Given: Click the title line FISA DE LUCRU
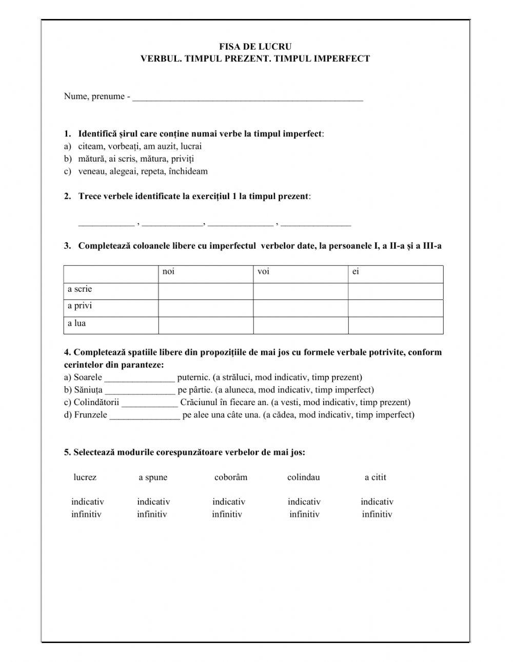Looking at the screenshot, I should click(x=255, y=47).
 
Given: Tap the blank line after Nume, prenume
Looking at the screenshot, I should click(x=247, y=97).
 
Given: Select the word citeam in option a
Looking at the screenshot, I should click(x=90, y=146).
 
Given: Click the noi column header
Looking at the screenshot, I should click(x=168, y=272).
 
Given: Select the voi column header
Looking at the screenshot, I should click(x=263, y=272).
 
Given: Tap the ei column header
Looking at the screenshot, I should click(x=356, y=272).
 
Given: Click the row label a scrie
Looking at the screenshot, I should click(x=80, y=289).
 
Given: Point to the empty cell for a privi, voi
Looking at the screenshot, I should click(x=300, y=308).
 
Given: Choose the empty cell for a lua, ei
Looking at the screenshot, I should click(x=396, y=325).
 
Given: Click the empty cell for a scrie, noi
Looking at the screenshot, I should click(x=205, y=291).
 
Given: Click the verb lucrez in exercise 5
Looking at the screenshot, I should click(x=85, y=477).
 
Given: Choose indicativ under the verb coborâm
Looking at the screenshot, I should click(x=229, y=502).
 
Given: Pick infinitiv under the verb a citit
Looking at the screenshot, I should click(x=377, y=514).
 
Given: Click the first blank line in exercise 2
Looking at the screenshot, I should click(x=106, y=224).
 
